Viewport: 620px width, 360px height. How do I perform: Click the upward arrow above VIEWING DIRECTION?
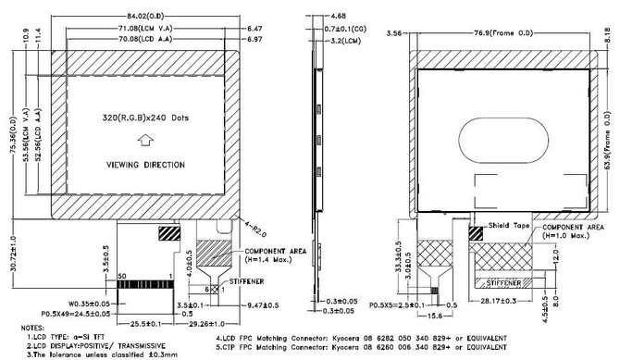(x=144, y=141)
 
